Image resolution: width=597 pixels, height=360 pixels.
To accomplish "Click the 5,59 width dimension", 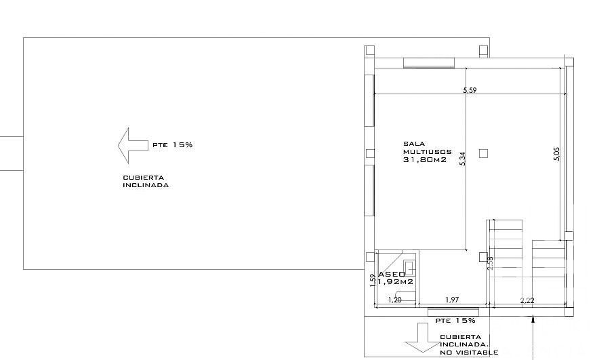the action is (x=470, y=90).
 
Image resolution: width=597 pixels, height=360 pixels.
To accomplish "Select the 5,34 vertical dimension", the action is (x=463, y=159).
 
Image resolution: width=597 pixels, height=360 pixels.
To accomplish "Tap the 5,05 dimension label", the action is (x=556, y=154).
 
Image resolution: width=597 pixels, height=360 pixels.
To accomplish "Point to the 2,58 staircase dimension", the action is (x=490, y=263).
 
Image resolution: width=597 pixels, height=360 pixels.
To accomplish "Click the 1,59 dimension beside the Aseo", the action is (x=373, y=280).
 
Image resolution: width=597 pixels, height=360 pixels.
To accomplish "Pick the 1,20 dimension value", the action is (x=395, y=300).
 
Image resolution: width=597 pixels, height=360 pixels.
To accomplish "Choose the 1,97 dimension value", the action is (x=452, y=300).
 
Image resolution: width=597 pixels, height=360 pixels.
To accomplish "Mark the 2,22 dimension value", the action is (x=527, y=300).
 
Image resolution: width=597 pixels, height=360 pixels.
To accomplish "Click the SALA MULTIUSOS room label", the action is (x=428, y=147).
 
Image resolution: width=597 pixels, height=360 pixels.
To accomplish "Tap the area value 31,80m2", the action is (x=425, y=159).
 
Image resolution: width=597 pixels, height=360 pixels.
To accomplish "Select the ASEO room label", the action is (x=392, y=275).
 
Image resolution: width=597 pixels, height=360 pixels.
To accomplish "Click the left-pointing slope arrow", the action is (x=133, y=146).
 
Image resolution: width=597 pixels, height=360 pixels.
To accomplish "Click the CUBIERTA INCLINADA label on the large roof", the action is (x=146, y=181).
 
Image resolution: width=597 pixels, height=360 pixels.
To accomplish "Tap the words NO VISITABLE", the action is (x=469, y=353).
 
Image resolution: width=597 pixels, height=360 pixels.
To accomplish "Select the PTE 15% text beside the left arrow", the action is (x=173, y=145).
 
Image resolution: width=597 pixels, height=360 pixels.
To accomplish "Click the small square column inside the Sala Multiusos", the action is (x=484, y=153).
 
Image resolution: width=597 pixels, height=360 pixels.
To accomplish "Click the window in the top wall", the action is (x=429, y=63).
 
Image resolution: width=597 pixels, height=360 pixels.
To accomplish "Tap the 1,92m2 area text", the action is (x=396, y=282).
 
